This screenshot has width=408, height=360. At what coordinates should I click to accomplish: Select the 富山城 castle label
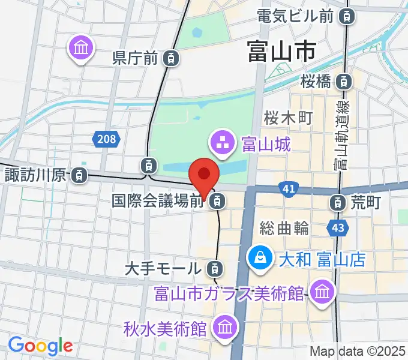point(266,143)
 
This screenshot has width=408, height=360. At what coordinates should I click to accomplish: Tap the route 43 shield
point(337,228)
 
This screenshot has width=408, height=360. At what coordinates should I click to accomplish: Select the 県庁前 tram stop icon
point(172,58)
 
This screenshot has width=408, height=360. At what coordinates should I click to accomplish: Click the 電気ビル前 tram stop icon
point(346,16)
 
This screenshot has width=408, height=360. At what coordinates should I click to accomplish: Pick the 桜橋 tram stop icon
point(344,80)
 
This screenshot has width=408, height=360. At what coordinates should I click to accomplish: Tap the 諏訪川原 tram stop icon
point(78,176)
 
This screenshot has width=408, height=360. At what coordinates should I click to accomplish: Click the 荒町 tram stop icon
point(339,202)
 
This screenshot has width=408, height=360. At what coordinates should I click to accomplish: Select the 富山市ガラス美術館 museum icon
point(323,292)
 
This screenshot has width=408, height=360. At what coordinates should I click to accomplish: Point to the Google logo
point(40,346)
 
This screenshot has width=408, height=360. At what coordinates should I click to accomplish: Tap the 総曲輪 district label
point(284,228)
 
